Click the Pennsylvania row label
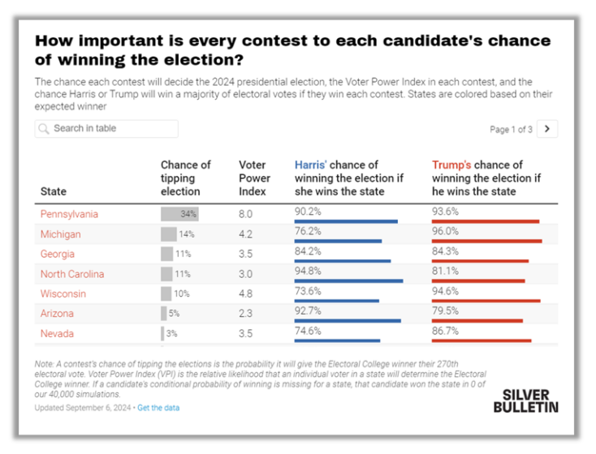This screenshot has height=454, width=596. (x=69, y=214)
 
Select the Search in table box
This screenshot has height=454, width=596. (x=106, y=128)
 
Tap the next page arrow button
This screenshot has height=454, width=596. (x=548, y=129)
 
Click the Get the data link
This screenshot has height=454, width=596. (x=158, y=408)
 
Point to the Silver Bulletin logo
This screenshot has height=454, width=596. (x=525, y=400)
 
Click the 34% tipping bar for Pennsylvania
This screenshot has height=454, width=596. (x=179, y=214)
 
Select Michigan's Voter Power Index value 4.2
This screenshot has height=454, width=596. (x=245, y=234)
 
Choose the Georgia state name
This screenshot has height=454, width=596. (x=58, y=254)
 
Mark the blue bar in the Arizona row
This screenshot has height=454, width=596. (x=348, y=320)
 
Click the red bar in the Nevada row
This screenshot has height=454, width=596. (x=482, y=340)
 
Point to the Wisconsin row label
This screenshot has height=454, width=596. (x=63, y=293)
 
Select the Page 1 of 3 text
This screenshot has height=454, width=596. (x=512, y=130)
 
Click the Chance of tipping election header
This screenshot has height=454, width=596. (x=185, y=178)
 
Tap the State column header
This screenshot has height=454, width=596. (x=54, y=191)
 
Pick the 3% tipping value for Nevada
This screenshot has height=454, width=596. (x=172, y=333)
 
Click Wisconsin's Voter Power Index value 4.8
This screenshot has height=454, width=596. (x=245, y=293)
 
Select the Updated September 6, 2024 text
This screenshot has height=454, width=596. (x=84, y=408)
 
